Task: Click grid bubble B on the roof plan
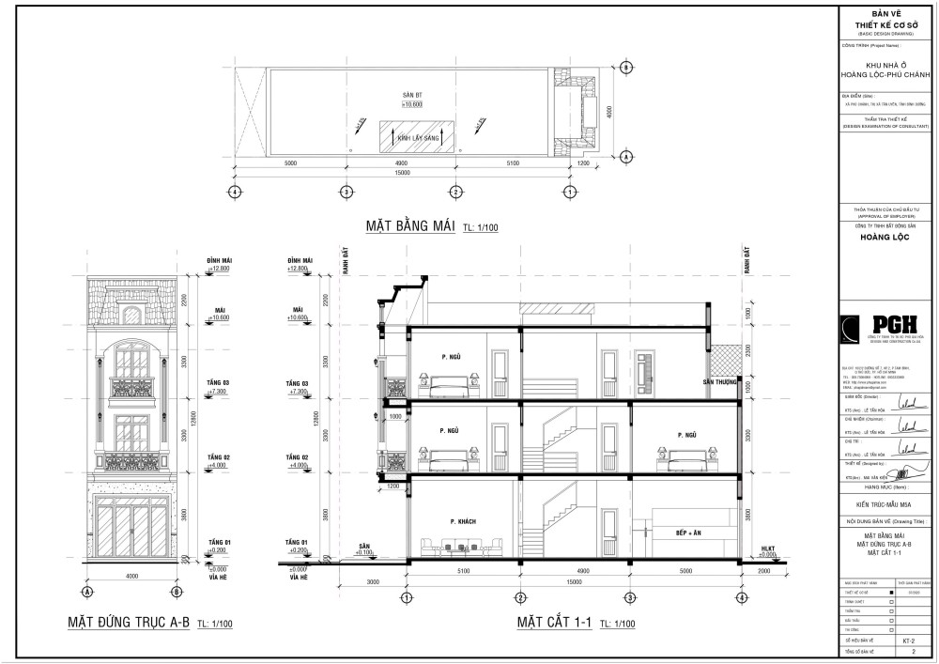pos(626,68)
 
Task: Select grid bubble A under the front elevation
pos(86,594)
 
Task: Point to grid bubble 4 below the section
pos(741,597)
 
